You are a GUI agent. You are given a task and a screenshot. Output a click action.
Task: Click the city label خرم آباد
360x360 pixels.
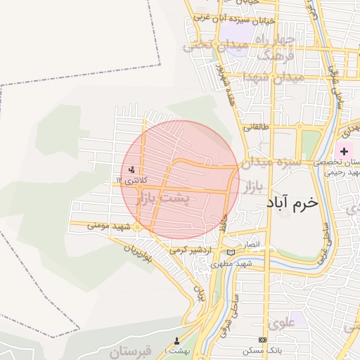point(292,202)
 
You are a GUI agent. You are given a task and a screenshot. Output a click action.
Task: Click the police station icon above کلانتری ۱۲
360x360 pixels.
point(131,169)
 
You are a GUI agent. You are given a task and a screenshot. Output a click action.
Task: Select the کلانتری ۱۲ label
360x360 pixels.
point(129,181)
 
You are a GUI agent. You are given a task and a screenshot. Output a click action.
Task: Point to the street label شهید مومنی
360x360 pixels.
point(105,227)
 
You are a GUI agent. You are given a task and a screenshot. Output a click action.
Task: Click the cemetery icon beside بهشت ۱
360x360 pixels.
point(176,341)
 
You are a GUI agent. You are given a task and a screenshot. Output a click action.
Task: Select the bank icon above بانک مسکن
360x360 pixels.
point(263,340)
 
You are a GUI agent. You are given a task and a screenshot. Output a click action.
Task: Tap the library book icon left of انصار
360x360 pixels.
point(231,252)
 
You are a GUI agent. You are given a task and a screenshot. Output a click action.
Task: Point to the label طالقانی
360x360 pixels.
point(255,128)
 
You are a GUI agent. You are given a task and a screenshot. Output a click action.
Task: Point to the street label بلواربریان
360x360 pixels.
point(138,257)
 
